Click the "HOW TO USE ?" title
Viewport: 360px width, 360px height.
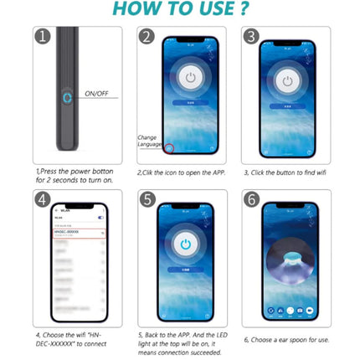point(179,11)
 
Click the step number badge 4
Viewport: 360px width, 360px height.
point(44,199)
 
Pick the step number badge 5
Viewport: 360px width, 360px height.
point(147,199)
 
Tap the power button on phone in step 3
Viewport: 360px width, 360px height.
point(287,81)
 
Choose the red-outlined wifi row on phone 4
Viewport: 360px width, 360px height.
point(80,234)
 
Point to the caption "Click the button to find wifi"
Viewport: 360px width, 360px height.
point(285,172)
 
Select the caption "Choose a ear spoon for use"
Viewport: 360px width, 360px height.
point(285,339)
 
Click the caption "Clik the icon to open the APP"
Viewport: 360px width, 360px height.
point(183,172)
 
